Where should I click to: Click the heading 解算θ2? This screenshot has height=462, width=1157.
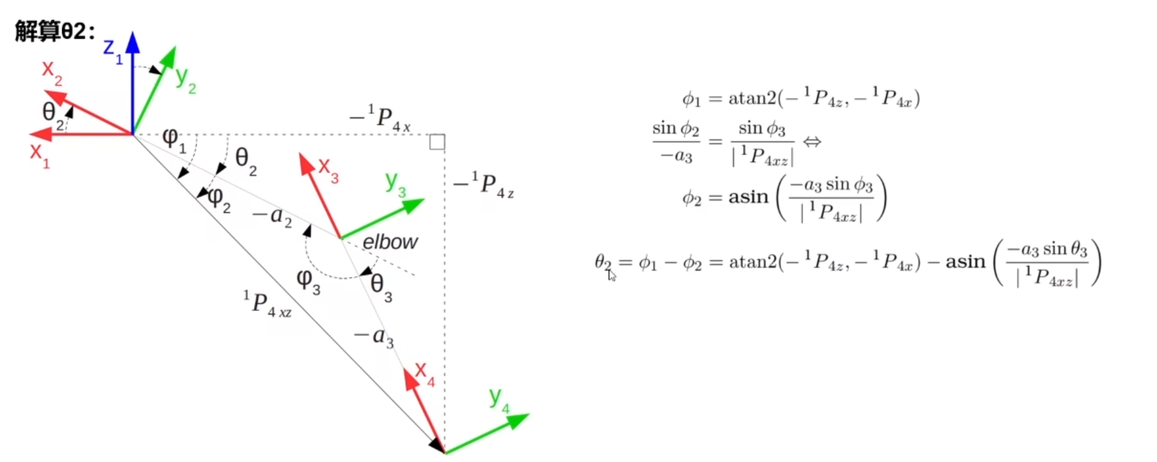[x=56, y=31]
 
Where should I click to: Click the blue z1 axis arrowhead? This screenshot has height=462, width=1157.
[x=133, y=42]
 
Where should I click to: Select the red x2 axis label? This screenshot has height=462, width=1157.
[x=52, y=72]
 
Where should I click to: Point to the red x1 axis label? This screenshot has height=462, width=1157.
[x=39, y=155]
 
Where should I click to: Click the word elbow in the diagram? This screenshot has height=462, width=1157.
[x=390, y=242]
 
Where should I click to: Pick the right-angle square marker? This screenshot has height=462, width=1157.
[x=437, y=142]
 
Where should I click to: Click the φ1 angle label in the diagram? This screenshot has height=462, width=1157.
[x=174, y=140]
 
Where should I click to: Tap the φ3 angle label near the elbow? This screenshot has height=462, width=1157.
[x=308, y=281]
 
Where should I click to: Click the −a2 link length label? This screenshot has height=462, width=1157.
[x=272, y=216]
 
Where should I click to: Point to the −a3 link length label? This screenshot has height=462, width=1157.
[x=375, y=336]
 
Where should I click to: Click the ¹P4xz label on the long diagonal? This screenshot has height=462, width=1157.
[x=267, y=304]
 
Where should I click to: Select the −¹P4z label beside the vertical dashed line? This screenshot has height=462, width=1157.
[x=484, y=185]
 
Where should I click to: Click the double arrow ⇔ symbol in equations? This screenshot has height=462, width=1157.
[x=812, y=142]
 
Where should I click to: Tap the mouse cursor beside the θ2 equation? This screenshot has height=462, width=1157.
[x=611, y=275]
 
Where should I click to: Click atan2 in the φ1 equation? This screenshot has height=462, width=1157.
[x=752, y=98]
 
